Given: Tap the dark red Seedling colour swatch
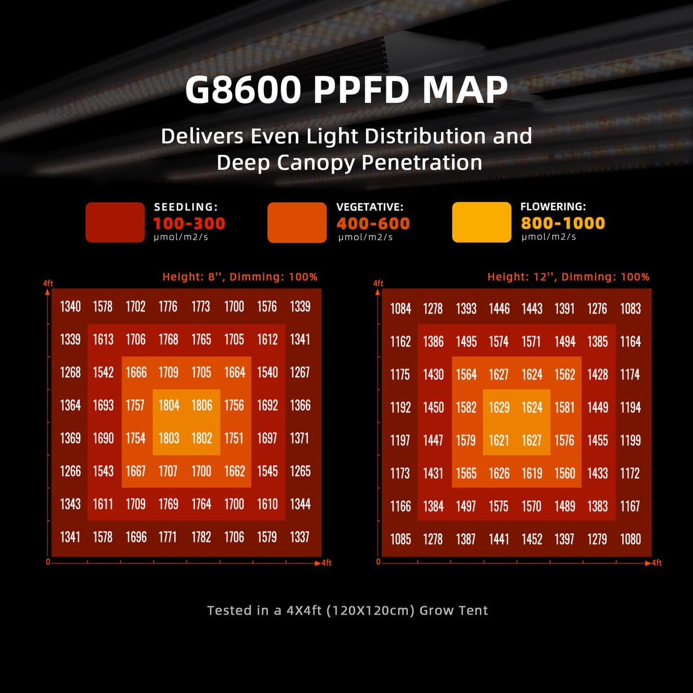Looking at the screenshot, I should click(115, 222).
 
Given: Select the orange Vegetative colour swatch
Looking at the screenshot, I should click(297, 222).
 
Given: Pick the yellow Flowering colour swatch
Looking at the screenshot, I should click(482, 222).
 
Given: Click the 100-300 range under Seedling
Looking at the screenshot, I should click(189, 223).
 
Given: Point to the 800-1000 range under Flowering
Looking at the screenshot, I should click(563, 223).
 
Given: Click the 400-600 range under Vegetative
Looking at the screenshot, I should click(373, 223).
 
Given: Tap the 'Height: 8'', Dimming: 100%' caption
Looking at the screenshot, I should click(240, 277).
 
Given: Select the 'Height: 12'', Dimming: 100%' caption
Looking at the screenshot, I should click(568, 277).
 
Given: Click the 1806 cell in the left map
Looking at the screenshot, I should click(202, 405).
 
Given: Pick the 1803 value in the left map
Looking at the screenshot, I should click(169, 438).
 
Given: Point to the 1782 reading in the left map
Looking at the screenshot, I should click(201, 537).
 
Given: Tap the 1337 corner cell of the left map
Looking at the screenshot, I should click(300, 537).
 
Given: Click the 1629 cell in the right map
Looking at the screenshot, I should click(499, 408).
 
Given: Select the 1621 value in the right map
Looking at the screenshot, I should click(499, 441).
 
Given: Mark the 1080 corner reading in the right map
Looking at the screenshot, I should click(630, 539).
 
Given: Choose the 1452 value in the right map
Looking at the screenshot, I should click(532, 539).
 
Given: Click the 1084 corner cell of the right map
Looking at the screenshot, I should click(400, 309).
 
